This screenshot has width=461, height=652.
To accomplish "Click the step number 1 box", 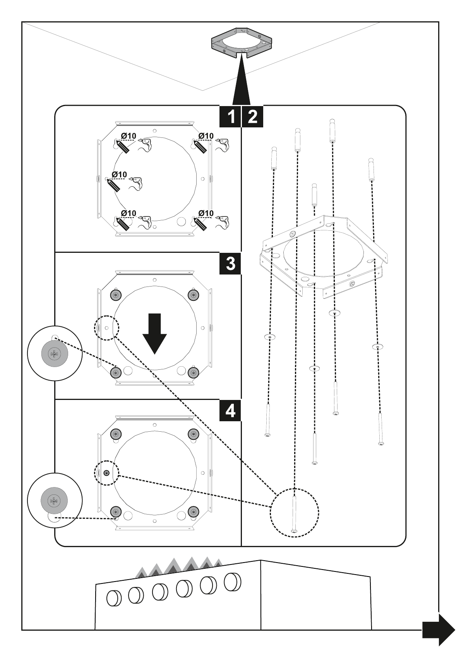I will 230,116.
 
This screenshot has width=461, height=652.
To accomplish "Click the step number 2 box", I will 252,116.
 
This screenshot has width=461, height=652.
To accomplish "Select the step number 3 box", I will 230,264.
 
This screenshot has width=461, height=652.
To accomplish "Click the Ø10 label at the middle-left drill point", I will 119,175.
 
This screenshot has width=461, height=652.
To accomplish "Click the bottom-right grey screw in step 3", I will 193,372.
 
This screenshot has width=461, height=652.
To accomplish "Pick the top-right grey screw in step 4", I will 193,434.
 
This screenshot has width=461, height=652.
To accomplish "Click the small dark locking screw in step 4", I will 106,472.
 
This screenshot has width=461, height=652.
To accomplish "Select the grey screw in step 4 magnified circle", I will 54,501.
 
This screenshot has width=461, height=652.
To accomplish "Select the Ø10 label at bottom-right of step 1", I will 206,213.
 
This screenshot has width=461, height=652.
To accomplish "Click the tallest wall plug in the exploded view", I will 332,132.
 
